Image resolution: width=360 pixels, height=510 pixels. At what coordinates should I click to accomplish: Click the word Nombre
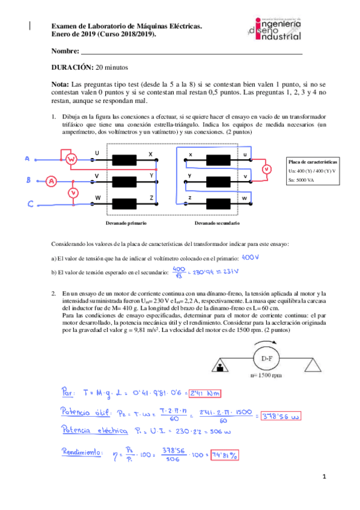66,51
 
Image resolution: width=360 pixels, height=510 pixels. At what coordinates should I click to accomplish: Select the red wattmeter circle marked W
70,159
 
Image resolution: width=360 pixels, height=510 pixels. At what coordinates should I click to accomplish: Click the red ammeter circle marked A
52,180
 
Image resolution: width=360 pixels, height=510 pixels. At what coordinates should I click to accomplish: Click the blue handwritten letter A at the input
27,159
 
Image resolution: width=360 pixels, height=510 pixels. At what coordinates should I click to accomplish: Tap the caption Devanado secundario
217,223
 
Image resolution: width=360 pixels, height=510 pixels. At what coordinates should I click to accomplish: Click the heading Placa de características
313,162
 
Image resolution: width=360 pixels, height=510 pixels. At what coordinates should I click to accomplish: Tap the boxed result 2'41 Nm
206,393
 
